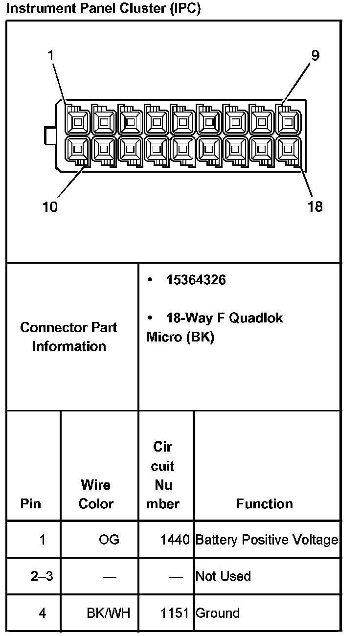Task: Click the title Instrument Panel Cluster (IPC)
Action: pyautogui.click(x=105, y=9)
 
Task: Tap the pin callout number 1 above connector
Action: pyautogui.click(x=50, y=56)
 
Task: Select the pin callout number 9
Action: pyautogui.click(x=315, y=55)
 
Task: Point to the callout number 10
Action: pyautogui.click(x=50, y=207)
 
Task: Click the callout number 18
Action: pyautogui.click(x=315, y=207)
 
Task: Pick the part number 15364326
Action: pyautogui.click(x=196, y=280)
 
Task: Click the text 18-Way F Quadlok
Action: pyautogui.click(x=225, y=318)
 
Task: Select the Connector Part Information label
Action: pyautogui.click(x=69, y=337)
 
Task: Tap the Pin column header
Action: pyautogui.click(x=31, y=504)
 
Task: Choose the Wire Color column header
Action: pyautogui.click(x=96, y=494)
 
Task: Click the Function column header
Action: pyautogui.click(x=264, y=504)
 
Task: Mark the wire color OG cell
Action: pyautogui.click(x=109, y=540)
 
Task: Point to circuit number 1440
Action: pyautogui.click(x=175, y=540)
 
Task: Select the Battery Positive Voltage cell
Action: pyautogui.click(x=267, y=540)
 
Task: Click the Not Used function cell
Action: pyautogui.click(x=223, y=576)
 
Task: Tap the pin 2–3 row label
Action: pyautogui.click(x=42, y=576)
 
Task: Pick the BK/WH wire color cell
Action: pyautogui.click(x=109, y=613)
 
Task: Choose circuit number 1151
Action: pyautogui.click(x=175, y=613)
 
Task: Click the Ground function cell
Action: pyautogui.click(x=218, y=613)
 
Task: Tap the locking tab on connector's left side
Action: pyautogui.click(x=49, y=136)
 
